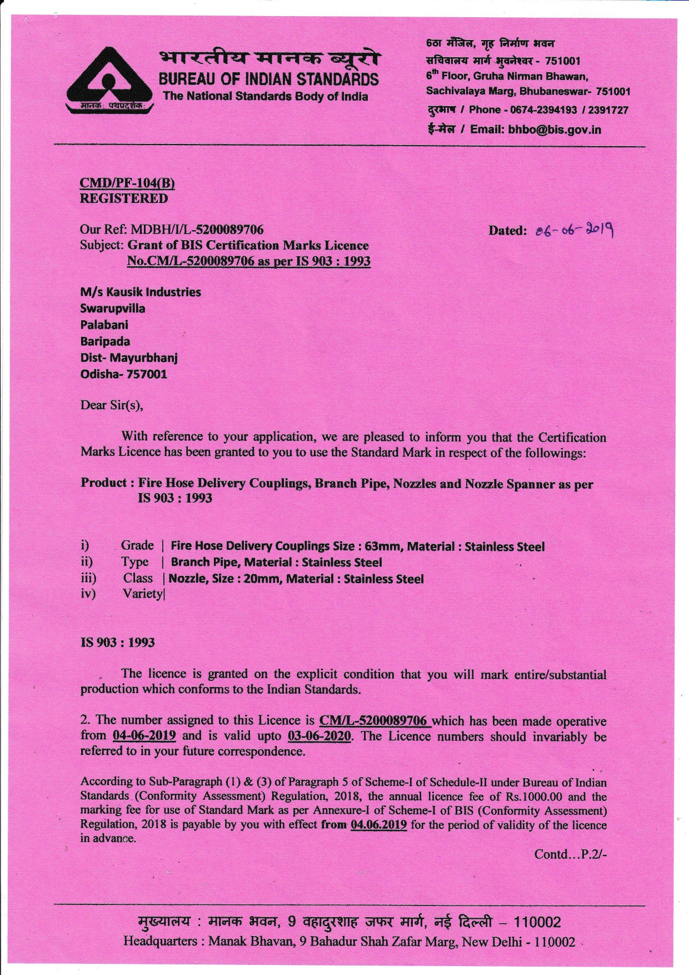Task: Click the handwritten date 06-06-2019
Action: click(575, 230)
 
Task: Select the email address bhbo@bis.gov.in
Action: click(555, 130)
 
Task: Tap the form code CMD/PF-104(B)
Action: click(123, 183)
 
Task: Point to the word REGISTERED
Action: click(124, 198)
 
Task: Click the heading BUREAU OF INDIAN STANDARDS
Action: click(268, 79)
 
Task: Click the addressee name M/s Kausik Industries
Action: click(141, 292)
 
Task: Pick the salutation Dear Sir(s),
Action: click(112, 405)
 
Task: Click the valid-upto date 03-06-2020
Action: click(319, 736)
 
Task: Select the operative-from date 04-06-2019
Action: click(144, 735)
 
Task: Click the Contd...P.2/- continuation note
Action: click(570, 854)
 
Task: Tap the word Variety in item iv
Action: click(143, 594)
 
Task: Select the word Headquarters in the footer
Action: click(160, 941)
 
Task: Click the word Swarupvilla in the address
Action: click(113, 309)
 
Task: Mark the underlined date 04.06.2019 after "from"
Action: click(378, 825)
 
